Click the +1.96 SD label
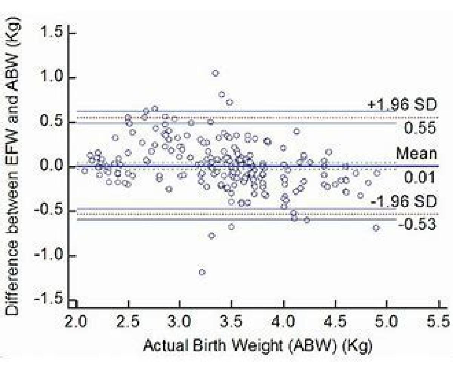coord(402,104)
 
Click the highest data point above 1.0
coord(215,73)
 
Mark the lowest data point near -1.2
coord(202,272)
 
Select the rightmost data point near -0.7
coord(376,228)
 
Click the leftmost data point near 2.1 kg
coord(84,171)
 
